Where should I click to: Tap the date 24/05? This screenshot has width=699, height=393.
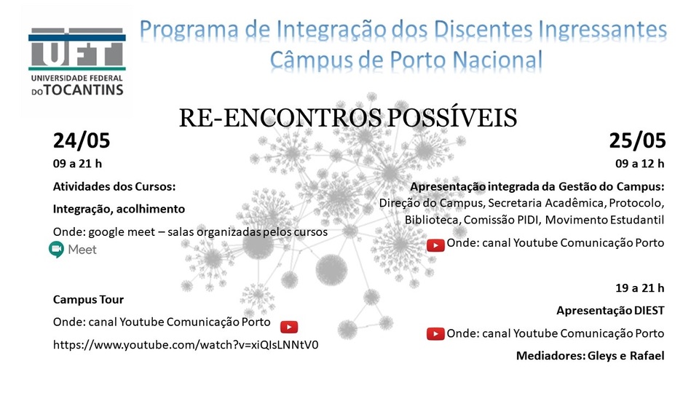[82, 140]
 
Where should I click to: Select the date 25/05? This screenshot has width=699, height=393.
[638, 140]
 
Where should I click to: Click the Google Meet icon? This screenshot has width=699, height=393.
[57, 250]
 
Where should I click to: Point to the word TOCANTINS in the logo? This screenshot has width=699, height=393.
[83, 90]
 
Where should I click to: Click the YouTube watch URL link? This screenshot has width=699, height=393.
[186, 345]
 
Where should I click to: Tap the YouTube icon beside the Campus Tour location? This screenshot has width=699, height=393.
[289, 327]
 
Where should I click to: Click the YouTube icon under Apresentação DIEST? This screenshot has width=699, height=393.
[435, 334]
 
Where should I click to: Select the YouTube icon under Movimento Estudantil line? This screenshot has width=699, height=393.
[435, 245]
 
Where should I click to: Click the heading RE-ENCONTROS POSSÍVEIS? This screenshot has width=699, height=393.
[348, 118]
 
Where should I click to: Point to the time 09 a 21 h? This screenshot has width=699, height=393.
[78, 164]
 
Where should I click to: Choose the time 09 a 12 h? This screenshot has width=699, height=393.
[640, 164]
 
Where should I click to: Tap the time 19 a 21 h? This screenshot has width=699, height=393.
[640, 288]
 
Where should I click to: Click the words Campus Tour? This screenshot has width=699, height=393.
[88, 299]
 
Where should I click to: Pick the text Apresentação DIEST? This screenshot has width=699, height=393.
[610, 311]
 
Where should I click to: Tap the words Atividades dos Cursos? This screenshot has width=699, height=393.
[114, 187]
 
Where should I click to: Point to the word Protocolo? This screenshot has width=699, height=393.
[636, 203]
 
